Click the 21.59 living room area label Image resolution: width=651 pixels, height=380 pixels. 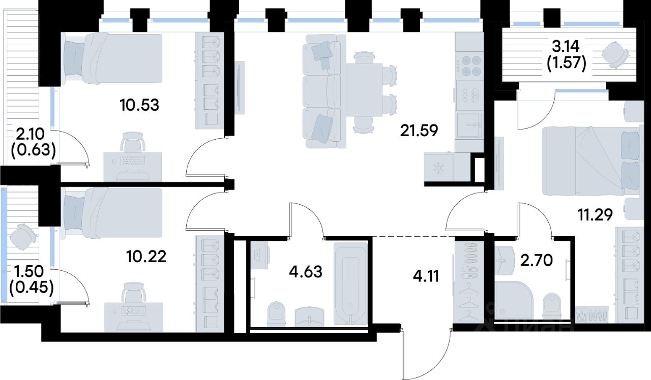point(419,131)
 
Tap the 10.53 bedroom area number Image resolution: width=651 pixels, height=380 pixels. point(139,105)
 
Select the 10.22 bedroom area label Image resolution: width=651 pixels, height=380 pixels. point(146,257)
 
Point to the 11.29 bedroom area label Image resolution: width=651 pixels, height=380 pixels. point(595,215)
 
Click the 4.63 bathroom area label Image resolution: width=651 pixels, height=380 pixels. point(306,272)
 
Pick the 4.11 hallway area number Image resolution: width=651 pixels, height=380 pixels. point(426,276)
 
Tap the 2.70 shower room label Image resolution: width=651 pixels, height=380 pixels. point(536,261)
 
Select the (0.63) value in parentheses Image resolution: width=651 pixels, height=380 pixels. point(33,150)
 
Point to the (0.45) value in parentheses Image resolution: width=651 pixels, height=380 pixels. point(32,288)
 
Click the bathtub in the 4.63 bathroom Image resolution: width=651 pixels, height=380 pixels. point(351,283)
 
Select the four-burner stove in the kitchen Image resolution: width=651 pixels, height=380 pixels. point(469,66)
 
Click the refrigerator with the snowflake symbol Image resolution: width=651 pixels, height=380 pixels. point(438,168)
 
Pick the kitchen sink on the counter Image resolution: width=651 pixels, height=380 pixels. point(469,125)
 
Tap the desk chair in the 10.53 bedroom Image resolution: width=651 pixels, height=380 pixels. point(133,142)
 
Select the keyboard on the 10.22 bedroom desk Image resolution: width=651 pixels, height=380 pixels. point(133,311)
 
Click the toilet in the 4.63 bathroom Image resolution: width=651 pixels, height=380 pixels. point(276,314)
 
